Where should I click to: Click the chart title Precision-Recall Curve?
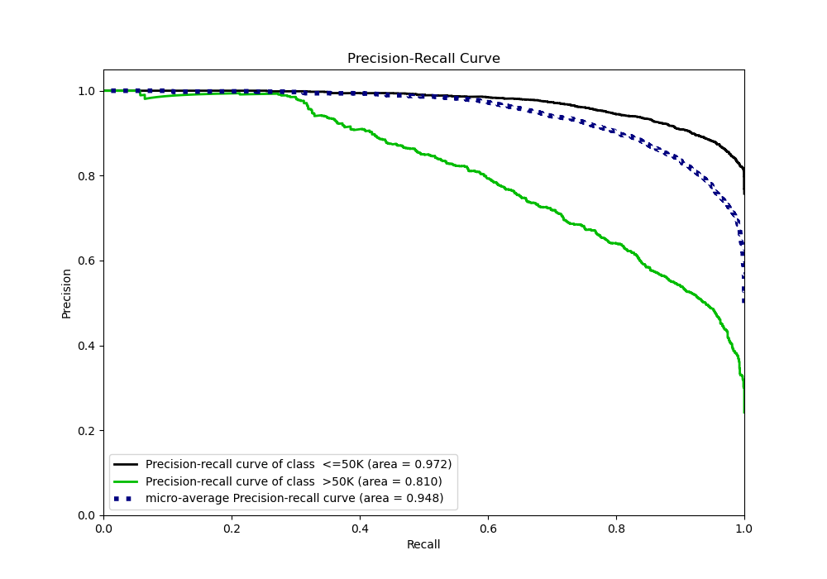pyautogui.click(x=423, y=59)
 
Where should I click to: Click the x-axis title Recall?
pyautogui.click(x=423, y=544)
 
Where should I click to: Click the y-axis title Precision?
pyautogui.click(x=67, y=293)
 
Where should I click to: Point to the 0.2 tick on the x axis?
pyautogui.click(x=232, y=527)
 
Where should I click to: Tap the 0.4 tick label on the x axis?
pyautogui.click(x=360, y=527)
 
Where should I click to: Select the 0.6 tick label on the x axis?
pyautogui.click(x=488, y=527)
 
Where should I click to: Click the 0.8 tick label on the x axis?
pyautogui.click(x=616, y=527)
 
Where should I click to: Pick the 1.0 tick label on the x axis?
pyautogui.click(x=744, y=527)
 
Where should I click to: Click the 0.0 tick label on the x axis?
pyautogui.click(x=103, y=527)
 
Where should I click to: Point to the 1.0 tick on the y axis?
pyautogui.click(x=87, y=91)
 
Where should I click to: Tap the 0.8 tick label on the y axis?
pyautogui.click(x=87, y=176)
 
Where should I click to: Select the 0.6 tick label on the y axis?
pyautogui.click(x=87, y=261)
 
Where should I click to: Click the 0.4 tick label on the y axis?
pyautogui.click(x=87, y=346)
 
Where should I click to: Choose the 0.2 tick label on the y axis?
pyautogui.click(x=87, y=431)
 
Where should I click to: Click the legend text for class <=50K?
pyautogui.click(x=299, y=465)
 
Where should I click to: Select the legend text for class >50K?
pyautogui.click(x=294, y=481)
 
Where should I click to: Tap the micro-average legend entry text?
pyautogui.click(x=294, y=498)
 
